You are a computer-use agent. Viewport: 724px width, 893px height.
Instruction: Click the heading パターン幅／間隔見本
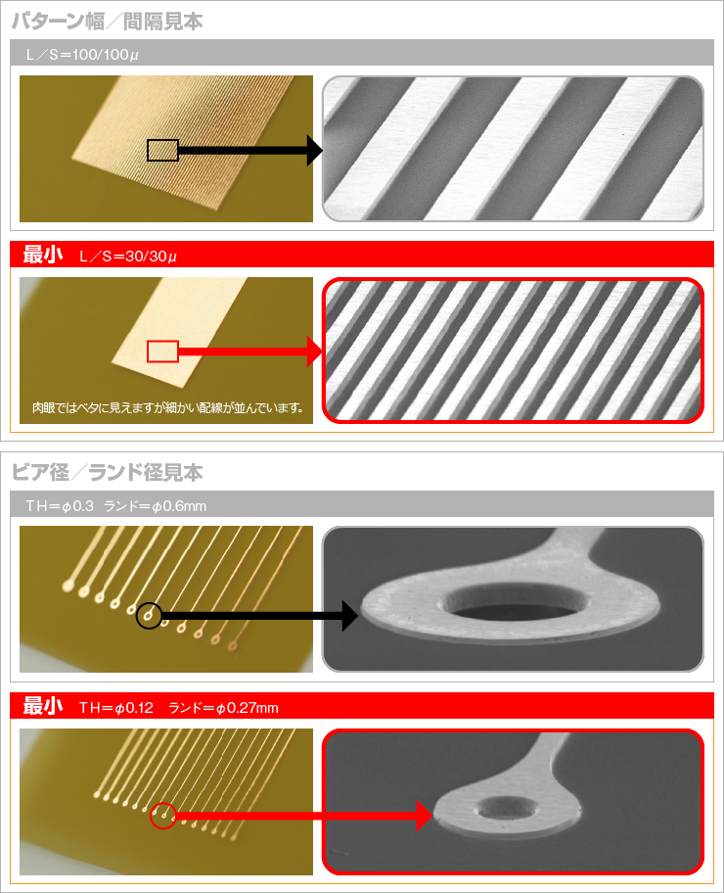pos(108,22)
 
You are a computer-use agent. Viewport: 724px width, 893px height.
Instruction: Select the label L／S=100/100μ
pos(82,55)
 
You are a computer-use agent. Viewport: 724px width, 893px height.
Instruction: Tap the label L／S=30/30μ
pos(128,257)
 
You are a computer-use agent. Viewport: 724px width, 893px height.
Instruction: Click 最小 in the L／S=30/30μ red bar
pos(43,255)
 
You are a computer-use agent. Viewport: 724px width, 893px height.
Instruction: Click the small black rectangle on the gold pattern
pos(162,151)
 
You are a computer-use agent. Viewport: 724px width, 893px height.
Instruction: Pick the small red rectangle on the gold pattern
pos(162,352)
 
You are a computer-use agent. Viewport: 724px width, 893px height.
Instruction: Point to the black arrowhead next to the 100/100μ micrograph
pos(315,151)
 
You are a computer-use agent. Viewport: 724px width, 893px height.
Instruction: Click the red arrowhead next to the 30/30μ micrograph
pos(315,352)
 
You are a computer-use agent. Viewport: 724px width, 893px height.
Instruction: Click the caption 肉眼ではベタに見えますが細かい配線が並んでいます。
pos(168,407)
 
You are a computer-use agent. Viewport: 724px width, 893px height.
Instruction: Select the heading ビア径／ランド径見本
pos(107,473)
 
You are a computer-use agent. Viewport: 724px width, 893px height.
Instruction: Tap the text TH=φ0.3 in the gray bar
pos(60,505)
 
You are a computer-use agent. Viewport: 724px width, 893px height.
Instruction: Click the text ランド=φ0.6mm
pos(155,505)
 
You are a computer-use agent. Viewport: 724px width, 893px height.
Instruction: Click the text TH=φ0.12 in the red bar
pos(116,708)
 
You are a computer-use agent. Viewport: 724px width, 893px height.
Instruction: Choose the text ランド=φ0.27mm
pos(224,708)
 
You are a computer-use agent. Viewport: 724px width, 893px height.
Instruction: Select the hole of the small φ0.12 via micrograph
pos(506,809)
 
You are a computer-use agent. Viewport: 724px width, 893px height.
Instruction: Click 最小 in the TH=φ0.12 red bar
pos(43,706)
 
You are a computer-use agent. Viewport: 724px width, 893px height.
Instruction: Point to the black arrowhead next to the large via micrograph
pos(350,616)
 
